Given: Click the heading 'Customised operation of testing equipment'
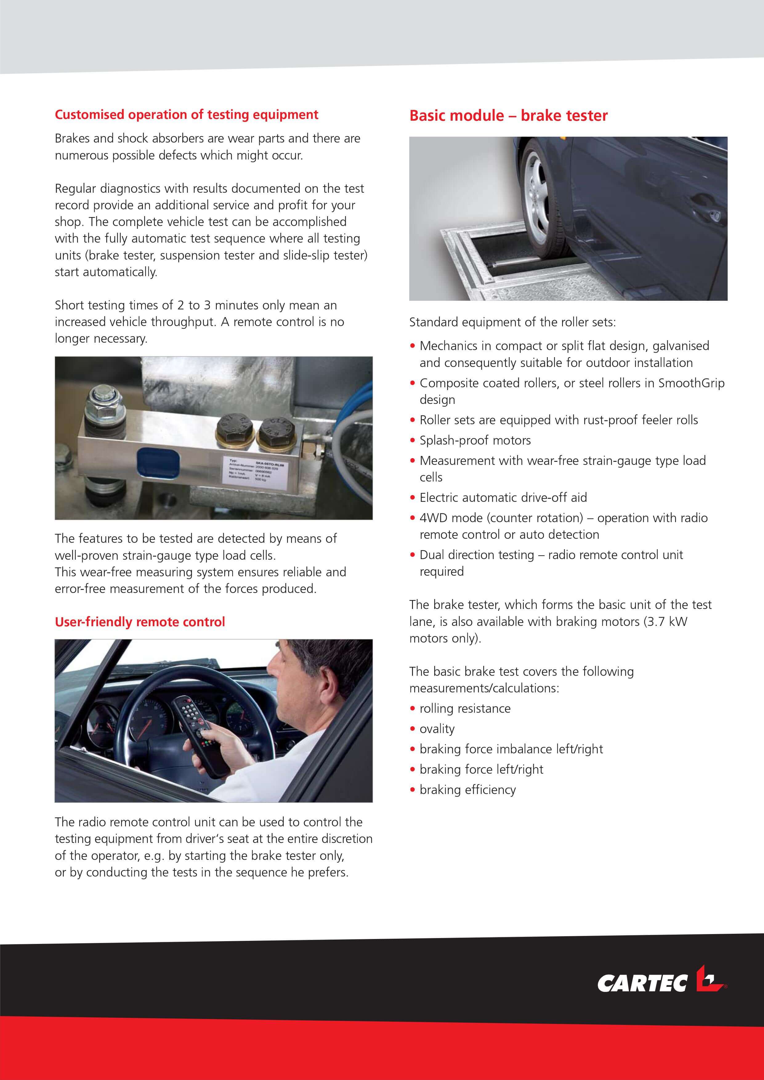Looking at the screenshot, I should pos(186,115).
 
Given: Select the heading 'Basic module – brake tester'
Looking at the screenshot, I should pos(508,116).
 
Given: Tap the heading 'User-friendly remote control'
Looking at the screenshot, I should pos(140,622).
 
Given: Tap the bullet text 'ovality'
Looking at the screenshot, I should pos(437,729).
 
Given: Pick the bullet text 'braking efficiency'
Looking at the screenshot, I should pos(468,789).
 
